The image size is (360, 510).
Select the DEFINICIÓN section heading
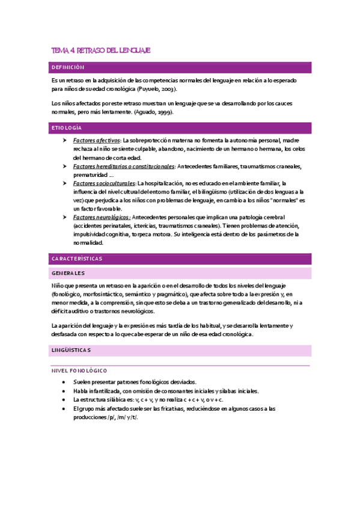tap(68, 67)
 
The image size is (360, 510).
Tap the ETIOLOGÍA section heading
tap(67, 128)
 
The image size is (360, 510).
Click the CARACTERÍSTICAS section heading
tap(77, 259)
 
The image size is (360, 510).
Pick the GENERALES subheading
tap(68, 273)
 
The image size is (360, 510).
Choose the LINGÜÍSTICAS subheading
tap(71, 349)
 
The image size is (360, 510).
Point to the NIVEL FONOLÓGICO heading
tap(79, 370)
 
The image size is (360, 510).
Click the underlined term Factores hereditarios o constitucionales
tap(123, 166)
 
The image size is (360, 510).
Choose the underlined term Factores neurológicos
tap(101, 217)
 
